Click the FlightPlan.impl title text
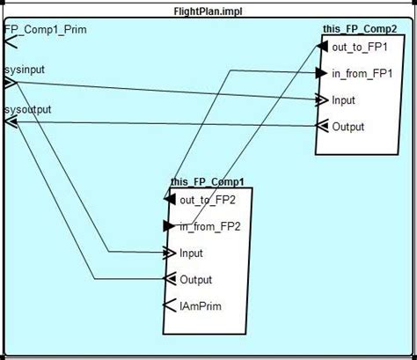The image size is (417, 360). pyautogui.click(x=208, y=10)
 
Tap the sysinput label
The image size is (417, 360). pyautogui.click(x=26, y=68)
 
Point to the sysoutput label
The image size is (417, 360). pyautogui.click(x=28, y=109)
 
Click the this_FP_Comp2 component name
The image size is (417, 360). pyautogui.click(x=359, y=29)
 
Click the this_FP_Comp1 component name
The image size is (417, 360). pyautogui.click(x=208, y=182)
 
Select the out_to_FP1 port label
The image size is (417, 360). pyautogui.click(x=361, y=47)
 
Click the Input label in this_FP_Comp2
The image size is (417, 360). pyautogui.click(x=343, y=99)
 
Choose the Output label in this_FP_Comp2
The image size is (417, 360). pyautogui.click(x=347, y=127)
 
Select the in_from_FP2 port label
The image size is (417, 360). pyautogui.click(x=210, y=226)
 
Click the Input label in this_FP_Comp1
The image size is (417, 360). pyautogui.click(x=191, y=253)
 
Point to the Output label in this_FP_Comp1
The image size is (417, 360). pyautogui.click(x=195, y=280)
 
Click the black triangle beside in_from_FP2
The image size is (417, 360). pyautogui.click(x=170, y=226)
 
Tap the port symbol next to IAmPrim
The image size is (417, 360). pyautogui.click(x=170, y=306)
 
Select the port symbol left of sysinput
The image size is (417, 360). pyautogui.click(x=10, y=83)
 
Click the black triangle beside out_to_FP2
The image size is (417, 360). pyautogui.click(x=169, y=200)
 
